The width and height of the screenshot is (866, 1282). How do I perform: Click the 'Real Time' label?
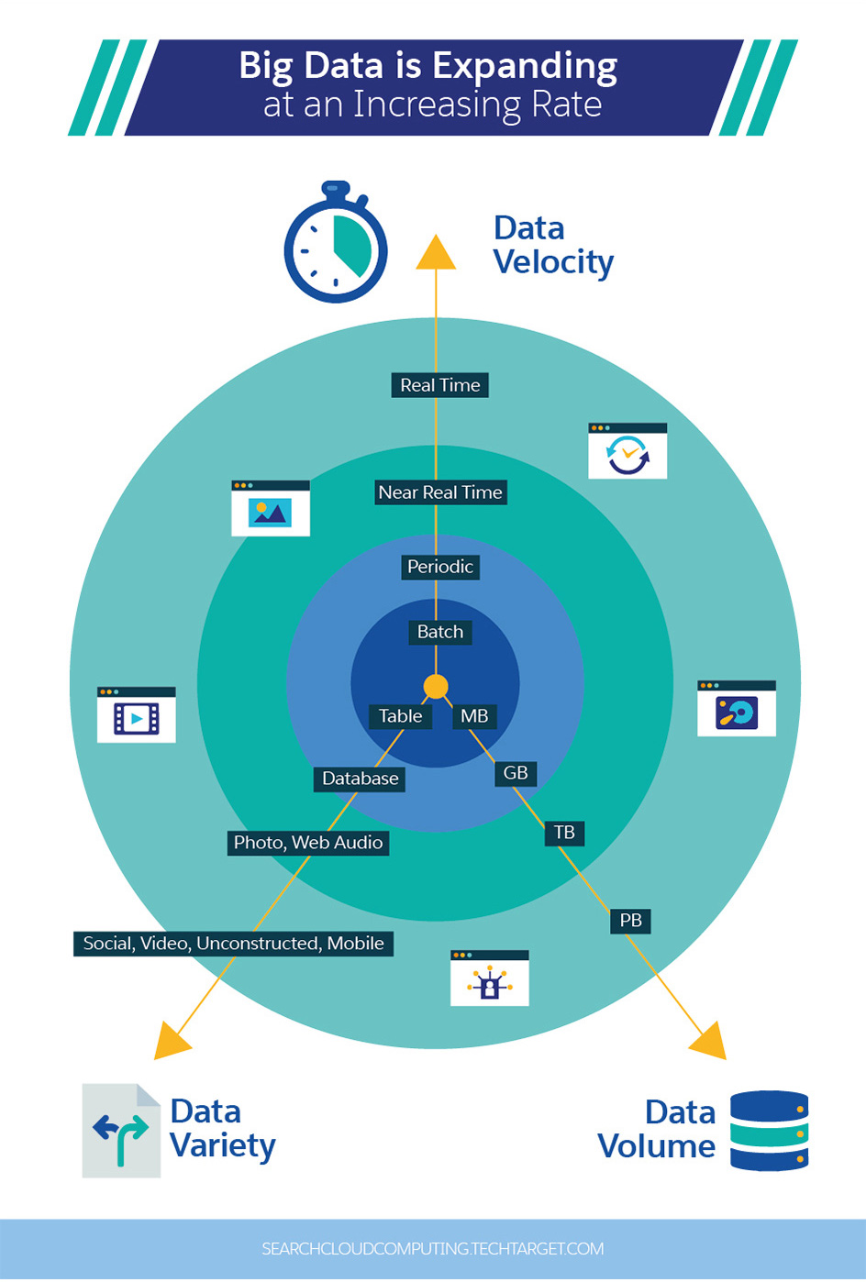(439, 385)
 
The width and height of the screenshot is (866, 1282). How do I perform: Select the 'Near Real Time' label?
(440, 492)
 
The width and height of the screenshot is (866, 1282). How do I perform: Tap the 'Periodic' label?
(440, 567)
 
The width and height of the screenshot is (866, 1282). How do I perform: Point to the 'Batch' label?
(439, 632)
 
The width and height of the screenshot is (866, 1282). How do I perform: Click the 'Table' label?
(400, 716)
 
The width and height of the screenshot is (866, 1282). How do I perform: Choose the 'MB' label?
(474, 716)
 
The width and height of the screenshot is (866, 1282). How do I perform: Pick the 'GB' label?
(516, 773)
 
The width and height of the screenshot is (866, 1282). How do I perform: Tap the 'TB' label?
(564, 833)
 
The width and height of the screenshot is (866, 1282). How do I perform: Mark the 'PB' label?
(630, 921)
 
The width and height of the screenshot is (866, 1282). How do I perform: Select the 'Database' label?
(360, 779)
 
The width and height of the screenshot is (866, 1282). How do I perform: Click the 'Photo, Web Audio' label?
(308, 843)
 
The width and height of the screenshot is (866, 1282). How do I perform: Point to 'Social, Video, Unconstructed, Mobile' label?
(233, 944)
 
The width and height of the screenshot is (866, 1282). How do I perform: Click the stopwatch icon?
(336, 244)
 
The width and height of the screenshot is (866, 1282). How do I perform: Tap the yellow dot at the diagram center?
(436, 686)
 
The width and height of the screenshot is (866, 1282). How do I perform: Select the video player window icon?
(137, 714)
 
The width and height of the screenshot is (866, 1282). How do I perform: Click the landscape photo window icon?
(271, 508)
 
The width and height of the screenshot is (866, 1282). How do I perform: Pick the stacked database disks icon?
(769, 1131)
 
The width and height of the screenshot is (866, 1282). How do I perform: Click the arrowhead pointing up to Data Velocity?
(436, 253)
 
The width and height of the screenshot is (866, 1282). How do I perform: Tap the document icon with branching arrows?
(121, 1131)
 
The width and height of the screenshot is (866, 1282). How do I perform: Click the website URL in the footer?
(433, 1249)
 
